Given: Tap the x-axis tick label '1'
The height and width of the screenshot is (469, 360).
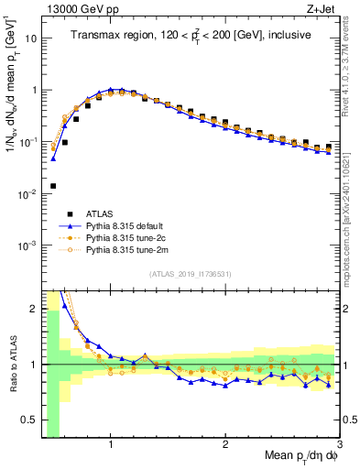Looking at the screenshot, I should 111,444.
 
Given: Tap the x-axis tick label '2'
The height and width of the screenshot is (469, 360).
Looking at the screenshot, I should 225,444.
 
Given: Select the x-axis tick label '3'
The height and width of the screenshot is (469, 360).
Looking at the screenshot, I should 339,444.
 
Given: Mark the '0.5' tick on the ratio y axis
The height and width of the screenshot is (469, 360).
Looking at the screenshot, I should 28,420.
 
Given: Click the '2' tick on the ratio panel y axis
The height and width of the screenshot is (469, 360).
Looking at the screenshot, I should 33,309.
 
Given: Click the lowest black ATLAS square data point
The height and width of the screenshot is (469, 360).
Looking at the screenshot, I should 53,186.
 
